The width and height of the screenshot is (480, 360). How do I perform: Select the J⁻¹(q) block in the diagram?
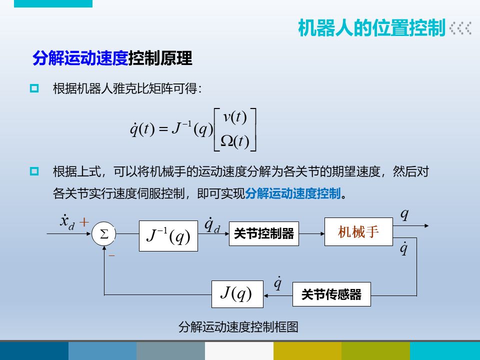[168, 235]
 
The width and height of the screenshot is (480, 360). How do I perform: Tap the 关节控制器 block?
[264, 233]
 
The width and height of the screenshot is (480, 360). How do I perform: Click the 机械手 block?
[358, 232]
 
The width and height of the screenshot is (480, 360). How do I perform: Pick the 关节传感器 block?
[331, 294]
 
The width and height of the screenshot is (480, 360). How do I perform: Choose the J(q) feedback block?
[237, 294]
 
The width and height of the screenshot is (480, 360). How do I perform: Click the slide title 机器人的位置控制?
[371, 28]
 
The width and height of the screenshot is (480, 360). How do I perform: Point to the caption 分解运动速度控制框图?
[238, 327]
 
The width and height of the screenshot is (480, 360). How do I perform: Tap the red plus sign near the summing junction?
[84, 221]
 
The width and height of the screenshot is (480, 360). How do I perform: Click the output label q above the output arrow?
[404, 214]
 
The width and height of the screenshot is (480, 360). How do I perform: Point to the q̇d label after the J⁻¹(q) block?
[212, 225]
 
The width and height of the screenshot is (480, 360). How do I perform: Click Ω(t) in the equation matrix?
[235, 141]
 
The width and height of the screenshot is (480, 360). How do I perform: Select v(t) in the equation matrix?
[235, 117]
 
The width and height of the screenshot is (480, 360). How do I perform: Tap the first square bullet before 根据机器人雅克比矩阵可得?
[34, 89]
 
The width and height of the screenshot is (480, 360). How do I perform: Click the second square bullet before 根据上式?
[34, 171]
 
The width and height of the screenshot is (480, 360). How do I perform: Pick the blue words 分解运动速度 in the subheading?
[80, 59]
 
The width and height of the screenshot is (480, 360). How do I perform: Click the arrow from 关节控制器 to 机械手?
[311, 233]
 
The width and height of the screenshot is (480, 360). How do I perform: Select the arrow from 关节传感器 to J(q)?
[278, 295]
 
